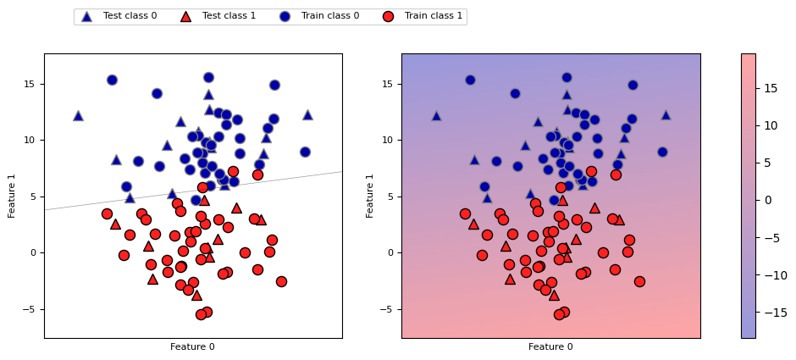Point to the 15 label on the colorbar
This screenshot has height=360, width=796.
click(771, 88)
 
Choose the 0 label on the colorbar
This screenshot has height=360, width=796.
click(768, 200)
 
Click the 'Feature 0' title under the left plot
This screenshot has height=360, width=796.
click(192, 346)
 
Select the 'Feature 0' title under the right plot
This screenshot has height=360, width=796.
click(550, 346)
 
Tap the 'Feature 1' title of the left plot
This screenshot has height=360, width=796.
click(12, 196)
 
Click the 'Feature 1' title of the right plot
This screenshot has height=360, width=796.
click(370, 196)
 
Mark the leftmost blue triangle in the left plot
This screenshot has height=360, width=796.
click(78, 115)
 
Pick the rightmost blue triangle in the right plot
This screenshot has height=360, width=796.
click(666, 114)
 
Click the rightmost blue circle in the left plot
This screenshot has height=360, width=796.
click(305, 152)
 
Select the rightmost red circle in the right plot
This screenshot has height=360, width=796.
click(639, 281)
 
